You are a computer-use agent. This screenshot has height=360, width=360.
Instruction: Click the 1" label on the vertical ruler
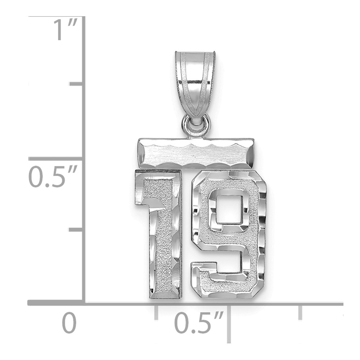[x=65, y=30]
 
